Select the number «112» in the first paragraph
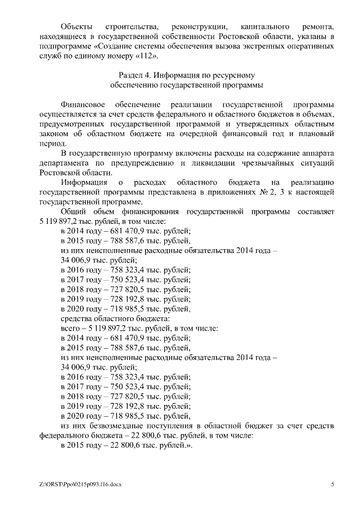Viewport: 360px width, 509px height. [147, 57]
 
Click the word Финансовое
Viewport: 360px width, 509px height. [82, 105]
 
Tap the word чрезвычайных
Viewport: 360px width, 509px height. [243, 163]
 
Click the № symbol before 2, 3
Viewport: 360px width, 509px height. [269, 192]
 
